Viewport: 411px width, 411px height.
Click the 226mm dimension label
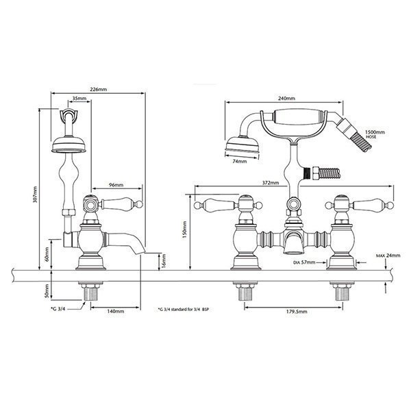(99, 89)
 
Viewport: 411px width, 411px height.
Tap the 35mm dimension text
(79, 99)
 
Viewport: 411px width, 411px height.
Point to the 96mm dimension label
(116, 185)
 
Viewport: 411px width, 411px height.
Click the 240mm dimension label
(286, 99)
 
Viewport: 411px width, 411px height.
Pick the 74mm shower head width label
(240, 162)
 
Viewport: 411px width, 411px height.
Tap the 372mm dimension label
(271, 183)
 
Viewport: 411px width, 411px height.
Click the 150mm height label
(185, 229)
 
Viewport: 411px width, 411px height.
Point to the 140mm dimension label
(116, 312)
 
